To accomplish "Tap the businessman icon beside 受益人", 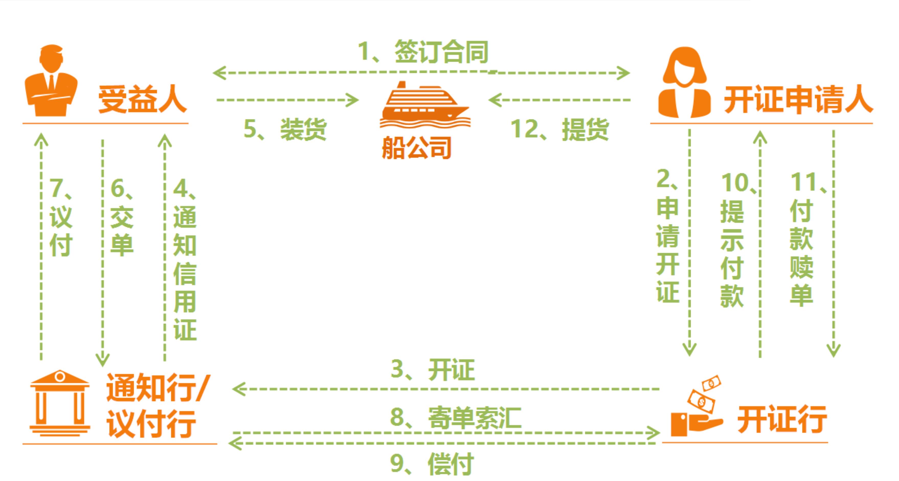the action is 51,81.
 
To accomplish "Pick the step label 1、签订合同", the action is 423,52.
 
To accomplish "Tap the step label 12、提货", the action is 560,129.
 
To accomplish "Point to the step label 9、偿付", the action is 432,464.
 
